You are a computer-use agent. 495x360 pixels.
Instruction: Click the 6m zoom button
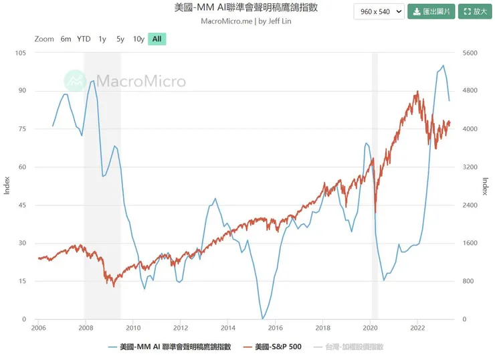tap(66, 39)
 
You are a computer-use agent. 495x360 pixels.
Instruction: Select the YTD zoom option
tap(84, 39)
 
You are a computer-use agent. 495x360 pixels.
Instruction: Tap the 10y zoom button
tap(138, 39)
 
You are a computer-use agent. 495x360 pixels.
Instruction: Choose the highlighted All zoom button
tap(157, 39)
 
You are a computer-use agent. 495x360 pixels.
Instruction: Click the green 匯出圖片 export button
tap(431, 11)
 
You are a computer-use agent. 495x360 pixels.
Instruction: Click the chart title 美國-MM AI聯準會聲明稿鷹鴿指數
tap(246, 8)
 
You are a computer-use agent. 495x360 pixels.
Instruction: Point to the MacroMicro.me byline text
tap(246, 21)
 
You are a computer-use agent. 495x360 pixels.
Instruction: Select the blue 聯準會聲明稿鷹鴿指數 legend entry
tap(170, 347)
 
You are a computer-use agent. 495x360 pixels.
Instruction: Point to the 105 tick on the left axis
tap(20, 53)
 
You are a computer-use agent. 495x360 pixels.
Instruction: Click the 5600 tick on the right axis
tap(470, 53)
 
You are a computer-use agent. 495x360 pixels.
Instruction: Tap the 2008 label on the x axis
tap(86, 328)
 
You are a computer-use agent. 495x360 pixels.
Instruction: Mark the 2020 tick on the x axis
tap(371, 328)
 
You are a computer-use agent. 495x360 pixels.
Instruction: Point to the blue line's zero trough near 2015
tap(262, 319)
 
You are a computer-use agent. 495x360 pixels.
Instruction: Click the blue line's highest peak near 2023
tap(443, 66)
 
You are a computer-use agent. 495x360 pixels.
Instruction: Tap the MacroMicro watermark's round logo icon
tap(75, 81)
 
